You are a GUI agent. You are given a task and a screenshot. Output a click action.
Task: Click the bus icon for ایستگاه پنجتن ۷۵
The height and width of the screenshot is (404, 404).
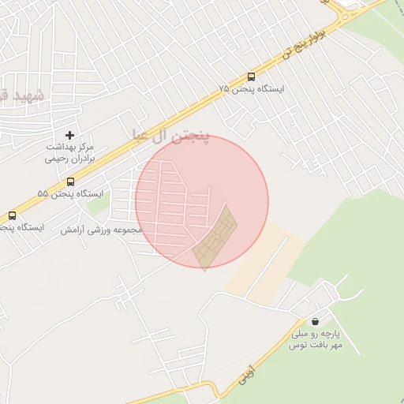coord(251,77)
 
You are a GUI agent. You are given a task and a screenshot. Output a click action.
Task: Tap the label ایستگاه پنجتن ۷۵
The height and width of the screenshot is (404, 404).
coord(252,90)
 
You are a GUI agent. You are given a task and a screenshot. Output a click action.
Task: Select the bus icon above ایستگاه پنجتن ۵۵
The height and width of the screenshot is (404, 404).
coord(70,182)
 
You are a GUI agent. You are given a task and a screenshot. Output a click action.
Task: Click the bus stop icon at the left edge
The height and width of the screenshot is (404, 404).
coord(12,215)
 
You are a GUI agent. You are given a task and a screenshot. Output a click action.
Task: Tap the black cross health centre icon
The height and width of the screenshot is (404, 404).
coord(70,136)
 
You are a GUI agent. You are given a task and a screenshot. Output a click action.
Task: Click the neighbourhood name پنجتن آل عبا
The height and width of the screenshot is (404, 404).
coord(170,137)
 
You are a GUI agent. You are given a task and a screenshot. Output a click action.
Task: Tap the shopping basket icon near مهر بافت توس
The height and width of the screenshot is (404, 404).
coord(316,322)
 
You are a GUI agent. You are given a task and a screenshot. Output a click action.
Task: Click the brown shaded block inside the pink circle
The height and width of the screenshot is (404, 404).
coord(215,238)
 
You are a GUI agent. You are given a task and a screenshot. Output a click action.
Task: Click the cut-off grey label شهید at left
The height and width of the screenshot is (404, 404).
coord(16,95)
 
